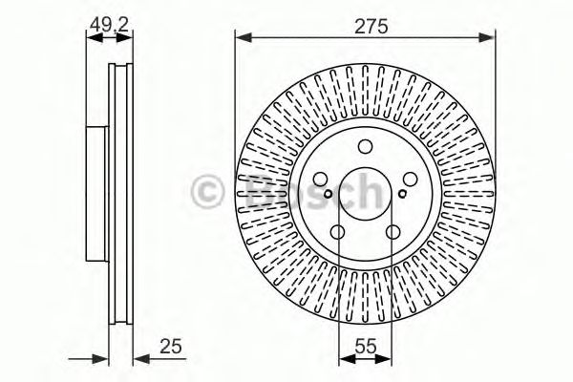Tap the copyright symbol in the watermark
pyautogui.click(x=207, y=189)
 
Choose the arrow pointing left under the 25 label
pyautogui.click(x=140, y=358)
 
